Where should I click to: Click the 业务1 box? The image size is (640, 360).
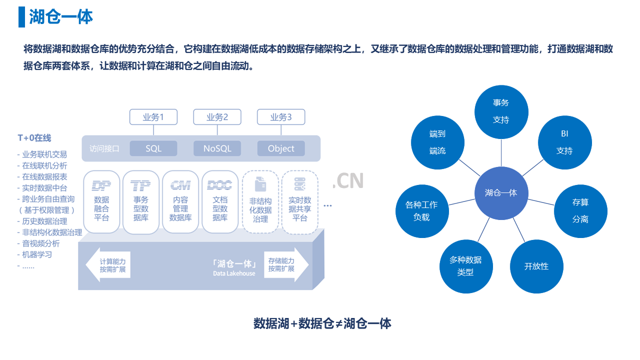(x=153, y=117)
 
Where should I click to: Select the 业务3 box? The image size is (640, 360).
(x=281, y=117)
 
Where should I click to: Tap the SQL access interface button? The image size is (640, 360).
(x=153, y=148)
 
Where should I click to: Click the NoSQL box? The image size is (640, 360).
(x=217, y=148)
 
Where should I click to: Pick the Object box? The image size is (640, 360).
(x=281, y=148)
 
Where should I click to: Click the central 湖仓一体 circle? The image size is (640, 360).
(x=501, y=193)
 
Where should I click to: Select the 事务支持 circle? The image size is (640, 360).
(x=501, y=111)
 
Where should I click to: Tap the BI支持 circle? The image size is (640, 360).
(x=564, y=142)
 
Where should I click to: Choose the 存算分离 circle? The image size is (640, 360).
(x=580, y=211)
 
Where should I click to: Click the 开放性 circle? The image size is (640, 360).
(x=536, y=266)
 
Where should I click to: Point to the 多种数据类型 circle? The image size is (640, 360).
(x=466, y=266)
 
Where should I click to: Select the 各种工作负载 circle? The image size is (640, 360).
(x=422, y=211)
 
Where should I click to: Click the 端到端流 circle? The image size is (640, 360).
(x=437, y=142)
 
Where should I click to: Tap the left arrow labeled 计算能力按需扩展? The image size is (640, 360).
(x=108, y=265)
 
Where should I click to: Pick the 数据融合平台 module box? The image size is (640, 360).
(x=101, y=202)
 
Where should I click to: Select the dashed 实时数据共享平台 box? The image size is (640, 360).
(x=299, y=202)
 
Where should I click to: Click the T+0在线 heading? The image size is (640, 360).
(x=34, y=138)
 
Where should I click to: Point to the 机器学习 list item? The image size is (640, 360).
(x=37, y=254)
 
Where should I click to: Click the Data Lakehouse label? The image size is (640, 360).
(x=234, y=273)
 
